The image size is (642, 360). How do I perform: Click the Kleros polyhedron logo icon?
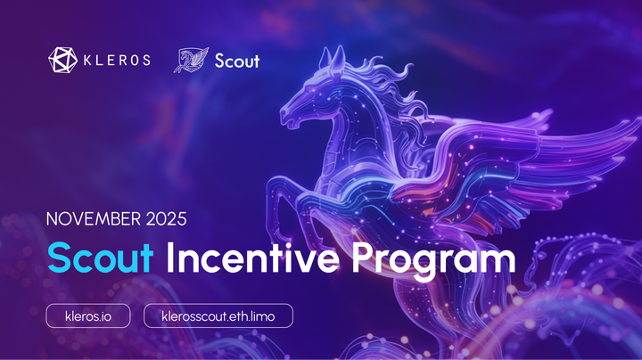click(62, 61)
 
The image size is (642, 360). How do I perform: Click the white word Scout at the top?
click(237, 61)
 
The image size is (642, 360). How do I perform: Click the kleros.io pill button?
click(88, 315)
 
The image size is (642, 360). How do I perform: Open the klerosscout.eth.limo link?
click(218, 315)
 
